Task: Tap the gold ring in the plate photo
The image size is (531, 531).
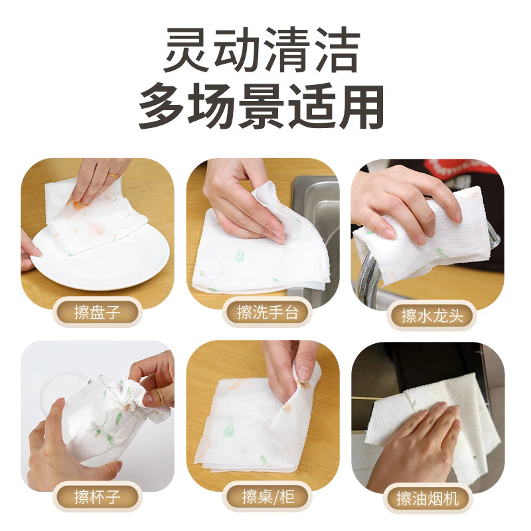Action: (x=115, y=175)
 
